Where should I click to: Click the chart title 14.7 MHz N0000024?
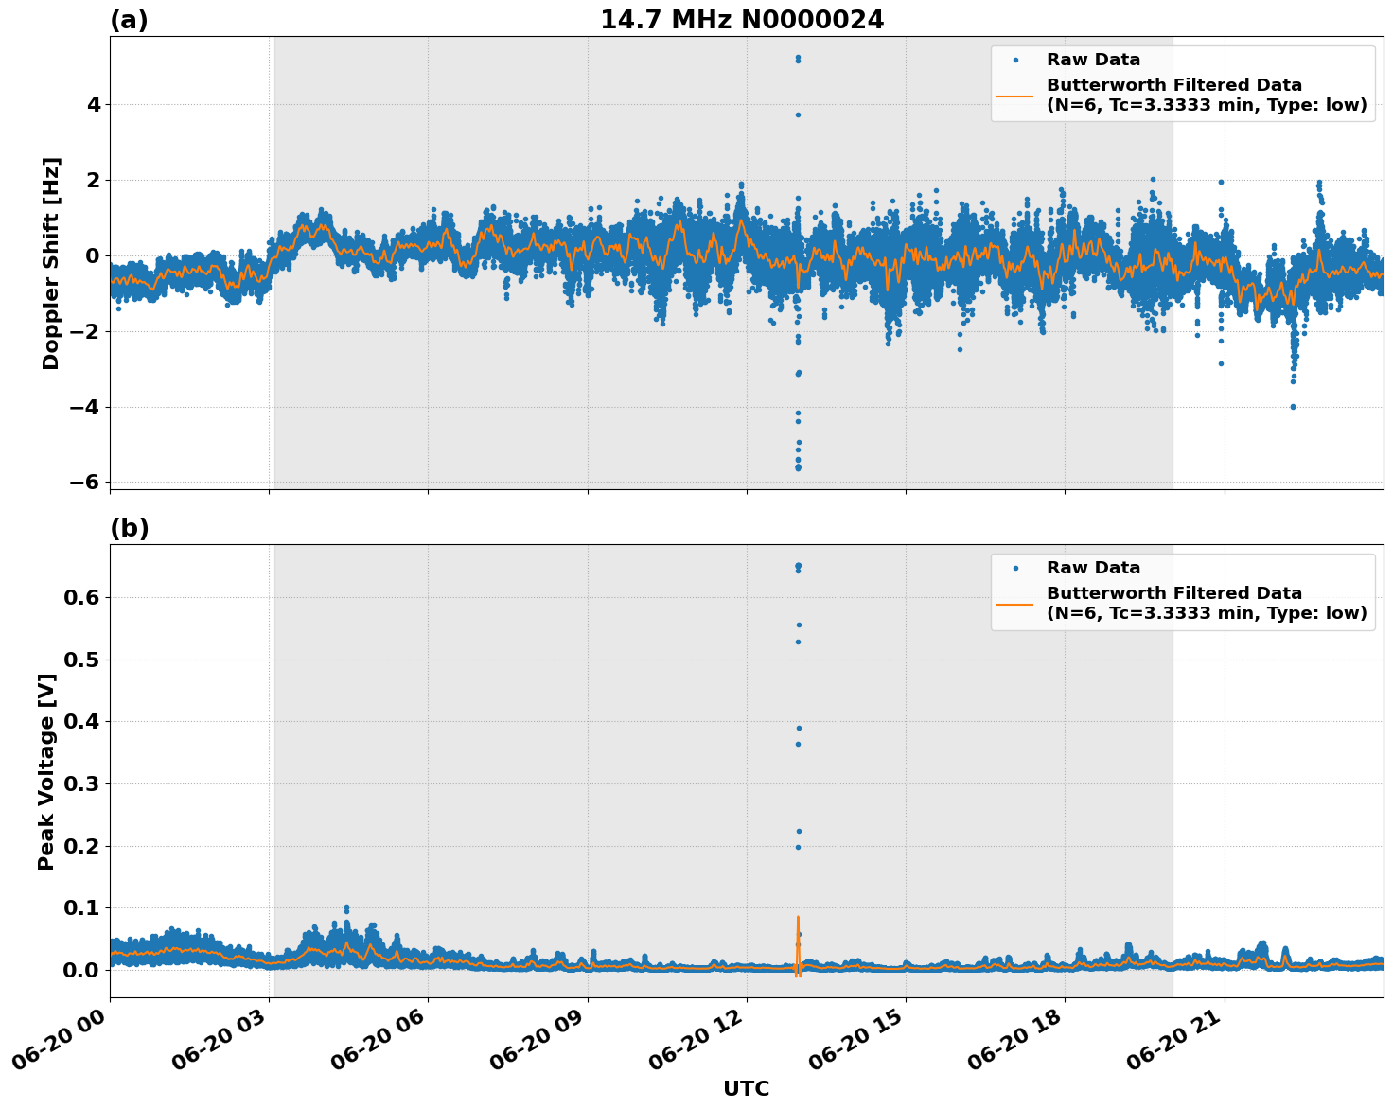click(742, 20)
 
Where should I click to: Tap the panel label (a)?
click(129, 20)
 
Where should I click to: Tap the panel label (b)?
click(129, 528)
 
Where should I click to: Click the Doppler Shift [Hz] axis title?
click(51, 263)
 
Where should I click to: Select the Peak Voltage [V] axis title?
click(46, 771)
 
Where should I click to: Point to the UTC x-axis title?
click(746, 1088)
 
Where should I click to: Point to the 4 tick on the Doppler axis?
click(93, 104)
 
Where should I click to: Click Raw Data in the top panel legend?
click(1093, 60)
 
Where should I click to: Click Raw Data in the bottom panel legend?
click(1093, 568)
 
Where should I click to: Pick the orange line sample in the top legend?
click(1015, 95)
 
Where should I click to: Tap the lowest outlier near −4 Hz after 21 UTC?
click(1293, 407)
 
